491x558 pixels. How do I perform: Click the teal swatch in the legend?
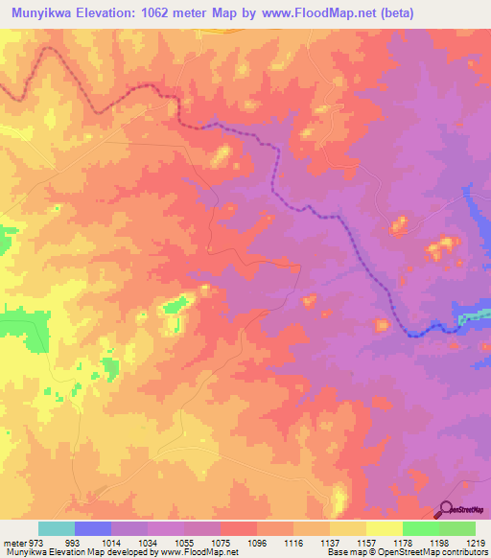(57, 528)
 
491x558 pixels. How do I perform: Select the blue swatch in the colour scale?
(93, 528)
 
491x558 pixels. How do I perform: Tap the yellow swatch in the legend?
(385, 528)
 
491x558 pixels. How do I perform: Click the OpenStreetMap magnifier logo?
(446, 508)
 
